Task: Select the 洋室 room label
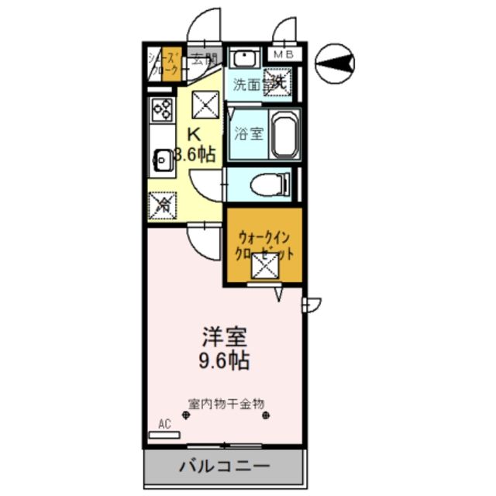point(224,338)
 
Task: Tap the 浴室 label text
point(249,133)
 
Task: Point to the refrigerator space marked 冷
point(164,205)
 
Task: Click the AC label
point(164,425)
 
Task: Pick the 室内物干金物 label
point(226,404)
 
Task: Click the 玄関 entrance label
point(204,57)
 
